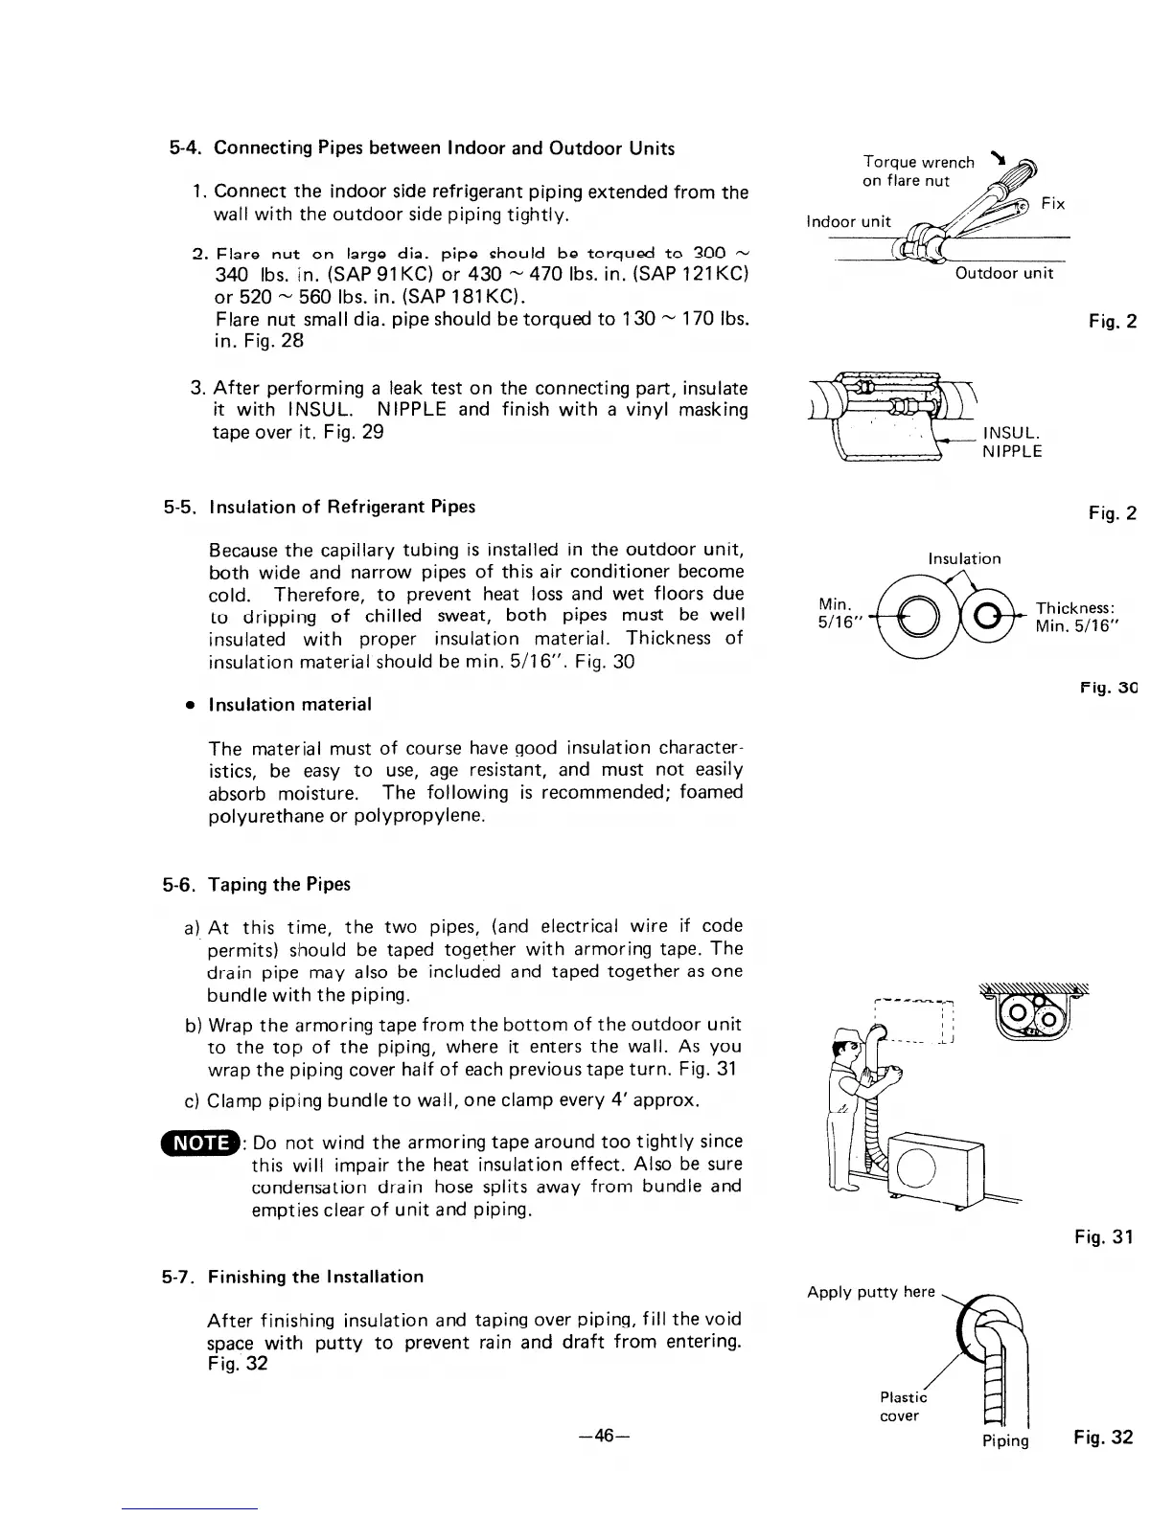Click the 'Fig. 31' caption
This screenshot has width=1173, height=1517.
[1103, 1237]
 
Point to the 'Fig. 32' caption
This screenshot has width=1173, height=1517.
[1103, 1438]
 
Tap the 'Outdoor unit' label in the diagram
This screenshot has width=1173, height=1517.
[1003, 274]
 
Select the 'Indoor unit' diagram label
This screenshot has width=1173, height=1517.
[849, 222]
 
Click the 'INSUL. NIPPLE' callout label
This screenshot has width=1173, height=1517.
[1012, 444]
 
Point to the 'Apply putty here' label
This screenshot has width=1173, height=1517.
[870, 1292]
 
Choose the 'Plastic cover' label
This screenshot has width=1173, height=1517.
[900, 1407]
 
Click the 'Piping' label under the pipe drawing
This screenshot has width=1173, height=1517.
[1004, 1441]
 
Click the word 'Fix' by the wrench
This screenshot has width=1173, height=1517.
[1052, 205]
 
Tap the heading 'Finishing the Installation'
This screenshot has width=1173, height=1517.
[315, 1278]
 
